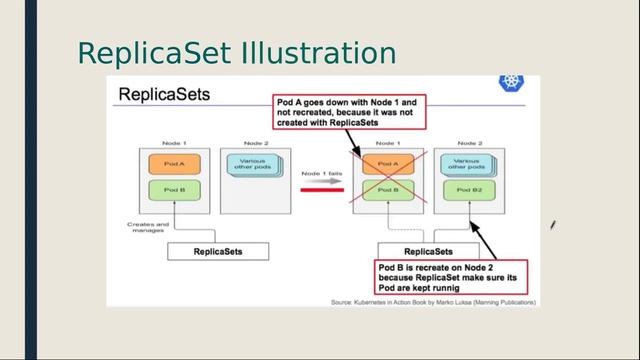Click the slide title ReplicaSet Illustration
pyautogui.click(x=236, y=52)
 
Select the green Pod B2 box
pyautogui.click(x=467, y=190)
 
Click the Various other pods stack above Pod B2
pyautogui.click(x=466, y=164)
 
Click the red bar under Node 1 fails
pyautogui.click(x=319, y=188)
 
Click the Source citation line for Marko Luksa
pyautogui.click(x=434, y=301)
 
